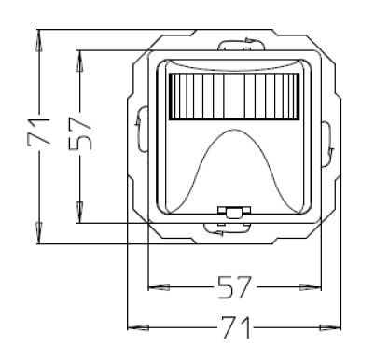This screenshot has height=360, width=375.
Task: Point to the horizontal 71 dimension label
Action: coord(233,326)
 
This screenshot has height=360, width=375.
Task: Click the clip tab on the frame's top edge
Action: coord(234,43)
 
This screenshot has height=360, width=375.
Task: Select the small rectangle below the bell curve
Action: coord(231,213)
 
